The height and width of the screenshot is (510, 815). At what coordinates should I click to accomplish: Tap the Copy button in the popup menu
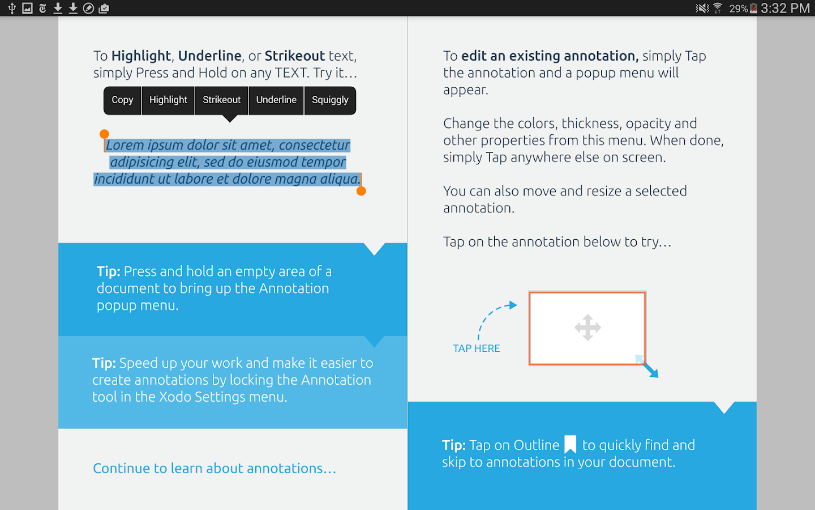[x=122, y=100]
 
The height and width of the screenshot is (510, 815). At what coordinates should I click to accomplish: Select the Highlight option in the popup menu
[x=168, y=100]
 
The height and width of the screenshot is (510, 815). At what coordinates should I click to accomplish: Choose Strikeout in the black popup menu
[x=221, y=100]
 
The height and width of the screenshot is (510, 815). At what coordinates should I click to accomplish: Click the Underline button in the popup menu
[x=276, y=100]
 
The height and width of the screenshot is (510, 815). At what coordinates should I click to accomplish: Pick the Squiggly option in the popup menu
[x=330, y=100]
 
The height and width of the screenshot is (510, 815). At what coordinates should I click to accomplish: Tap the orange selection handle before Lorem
[x=104, y=134]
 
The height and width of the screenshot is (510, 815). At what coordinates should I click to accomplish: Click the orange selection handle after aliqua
[x=361, y=191]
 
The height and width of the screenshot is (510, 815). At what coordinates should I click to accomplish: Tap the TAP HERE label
[x=476, y=348]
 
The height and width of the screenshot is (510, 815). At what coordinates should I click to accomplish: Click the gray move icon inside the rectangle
[x=587, y=328]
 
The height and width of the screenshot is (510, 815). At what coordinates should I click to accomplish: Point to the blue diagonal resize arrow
[x=650, y=369]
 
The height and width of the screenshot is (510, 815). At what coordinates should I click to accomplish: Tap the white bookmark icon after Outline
[x=570, y=444]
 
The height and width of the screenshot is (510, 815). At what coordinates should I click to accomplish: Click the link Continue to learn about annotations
[x=215, y=469]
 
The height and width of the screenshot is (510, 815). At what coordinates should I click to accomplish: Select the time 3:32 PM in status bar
[x=785, y=8]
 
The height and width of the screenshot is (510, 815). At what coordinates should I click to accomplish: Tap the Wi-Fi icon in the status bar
[x=718, y=8]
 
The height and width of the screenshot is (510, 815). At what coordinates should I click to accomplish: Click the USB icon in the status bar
[x=12, y=8]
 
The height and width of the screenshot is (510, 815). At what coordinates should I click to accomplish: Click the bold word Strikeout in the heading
[x=294, y=56]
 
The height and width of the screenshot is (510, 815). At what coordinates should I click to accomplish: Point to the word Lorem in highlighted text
[x=125, y=145]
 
